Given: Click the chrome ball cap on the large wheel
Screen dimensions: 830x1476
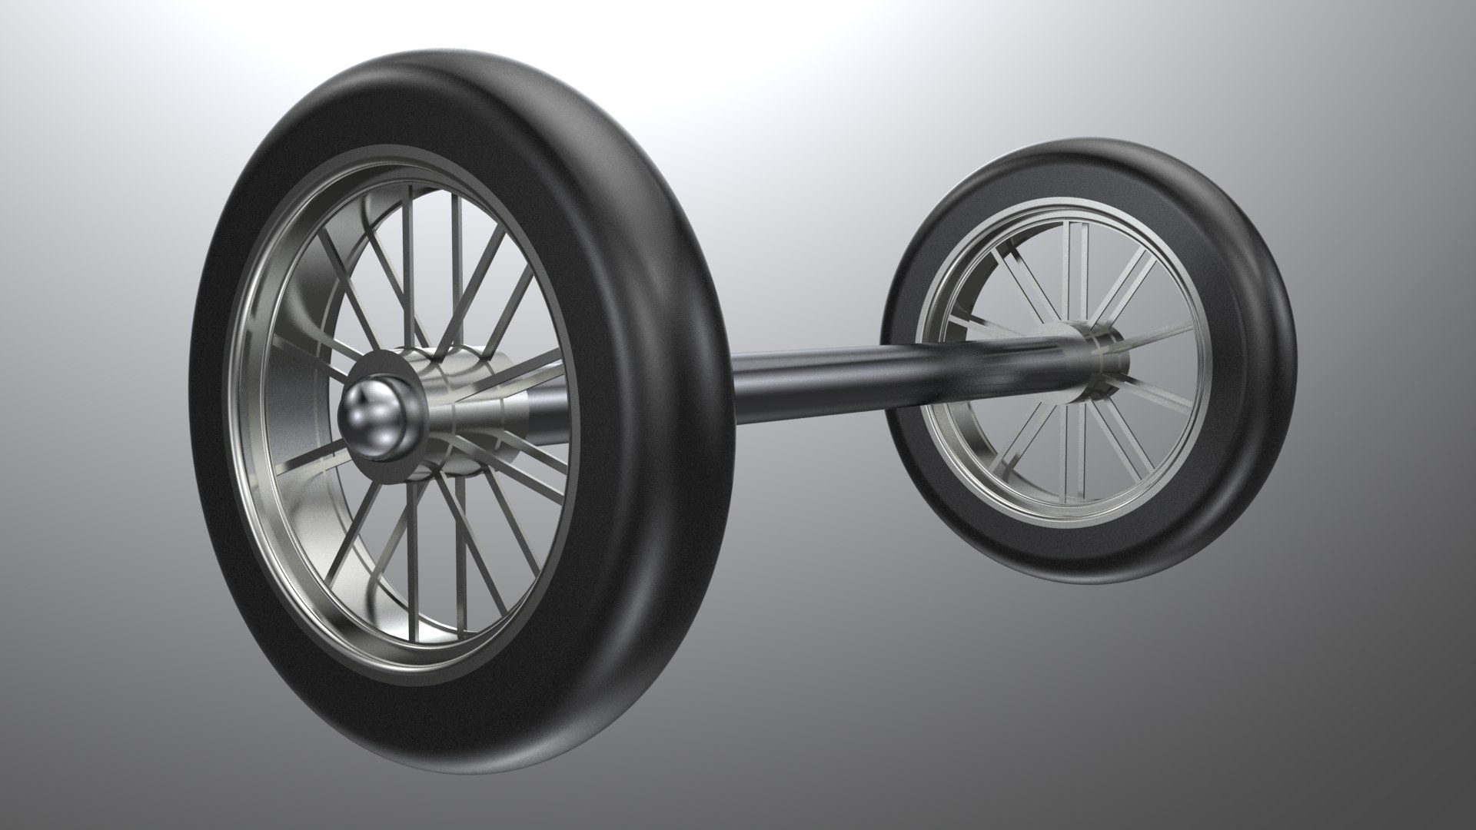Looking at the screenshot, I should (x=374, y=415).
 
